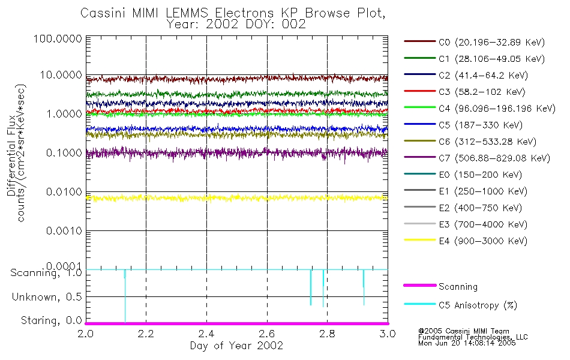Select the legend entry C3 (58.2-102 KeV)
pyautogui.click(x=473, y=92)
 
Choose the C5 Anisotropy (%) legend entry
pyautogui.click(x=478, y=305)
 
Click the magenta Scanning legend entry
pyautogui.click(x=458, y=287)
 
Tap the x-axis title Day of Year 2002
pyautogui.click(x=236, y=346)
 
